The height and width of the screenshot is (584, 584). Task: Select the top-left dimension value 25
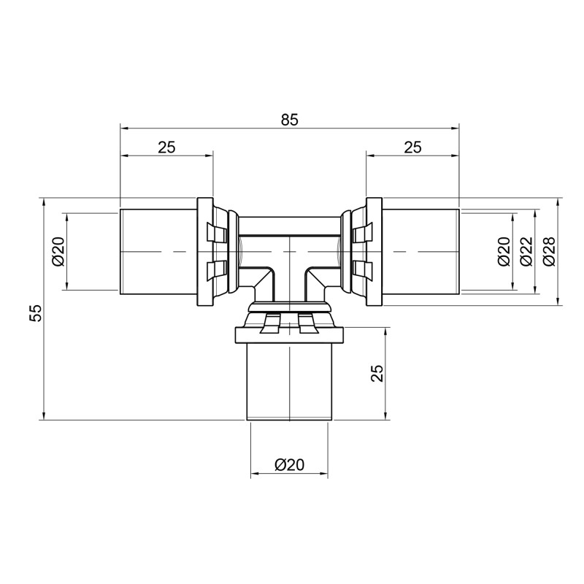(x=166, y=147)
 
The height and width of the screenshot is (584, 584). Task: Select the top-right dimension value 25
(x=412, y=147)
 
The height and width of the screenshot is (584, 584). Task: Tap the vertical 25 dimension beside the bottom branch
(x=377, y=374)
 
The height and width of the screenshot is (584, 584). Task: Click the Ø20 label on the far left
(x=58, y=251)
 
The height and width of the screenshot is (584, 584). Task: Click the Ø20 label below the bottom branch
(x=289, y=465)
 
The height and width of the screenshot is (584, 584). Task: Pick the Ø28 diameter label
(x=549, y=251)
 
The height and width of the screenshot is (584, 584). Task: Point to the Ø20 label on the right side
(x=503, y=251)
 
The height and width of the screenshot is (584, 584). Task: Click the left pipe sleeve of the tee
(x=157, y=251)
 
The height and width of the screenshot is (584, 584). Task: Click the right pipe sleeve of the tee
(x=421, y=251)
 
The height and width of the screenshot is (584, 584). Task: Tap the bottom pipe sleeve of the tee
(x=289, y=380)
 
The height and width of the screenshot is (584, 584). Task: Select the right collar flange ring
(x=374, y=251)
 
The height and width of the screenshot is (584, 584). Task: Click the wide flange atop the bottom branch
(x=289, y=335)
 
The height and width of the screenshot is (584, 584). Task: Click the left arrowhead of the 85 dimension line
(x=125, y=128)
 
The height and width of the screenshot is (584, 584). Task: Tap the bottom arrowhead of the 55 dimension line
(x=45, y=415)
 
